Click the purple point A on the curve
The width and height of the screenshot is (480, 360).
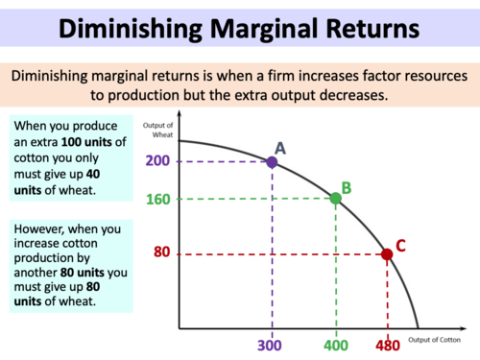point(272,162)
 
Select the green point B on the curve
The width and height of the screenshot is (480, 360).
point(335,199)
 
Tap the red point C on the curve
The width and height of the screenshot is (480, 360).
point(387,254)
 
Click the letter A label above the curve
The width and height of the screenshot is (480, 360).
point(280,147)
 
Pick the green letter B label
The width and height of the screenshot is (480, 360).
point(347,187)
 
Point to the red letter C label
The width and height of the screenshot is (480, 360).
point(400,245)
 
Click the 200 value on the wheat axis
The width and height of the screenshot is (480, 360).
point(158,162)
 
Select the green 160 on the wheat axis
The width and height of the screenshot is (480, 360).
point(158,200)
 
